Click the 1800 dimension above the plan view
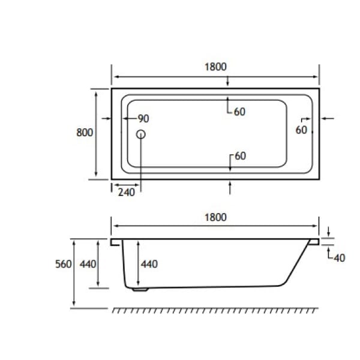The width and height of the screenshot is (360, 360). point(215,67)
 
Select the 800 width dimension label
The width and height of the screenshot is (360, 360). point(85,132)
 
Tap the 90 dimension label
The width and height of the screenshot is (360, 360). point(144,118)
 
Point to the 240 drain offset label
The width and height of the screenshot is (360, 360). point(127,192)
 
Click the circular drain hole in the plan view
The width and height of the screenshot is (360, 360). point(142,135)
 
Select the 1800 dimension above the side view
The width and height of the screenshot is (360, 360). point(215,217)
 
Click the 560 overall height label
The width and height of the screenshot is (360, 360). point(63,264)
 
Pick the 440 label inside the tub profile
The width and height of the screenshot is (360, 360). point(149,264)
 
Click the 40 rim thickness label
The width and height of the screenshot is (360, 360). point(339,258)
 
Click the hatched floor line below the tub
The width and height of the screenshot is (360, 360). point(215,311)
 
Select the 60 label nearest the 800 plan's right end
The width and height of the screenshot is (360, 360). point(301,129)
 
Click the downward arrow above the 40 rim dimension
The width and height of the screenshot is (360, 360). point(329,232)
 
